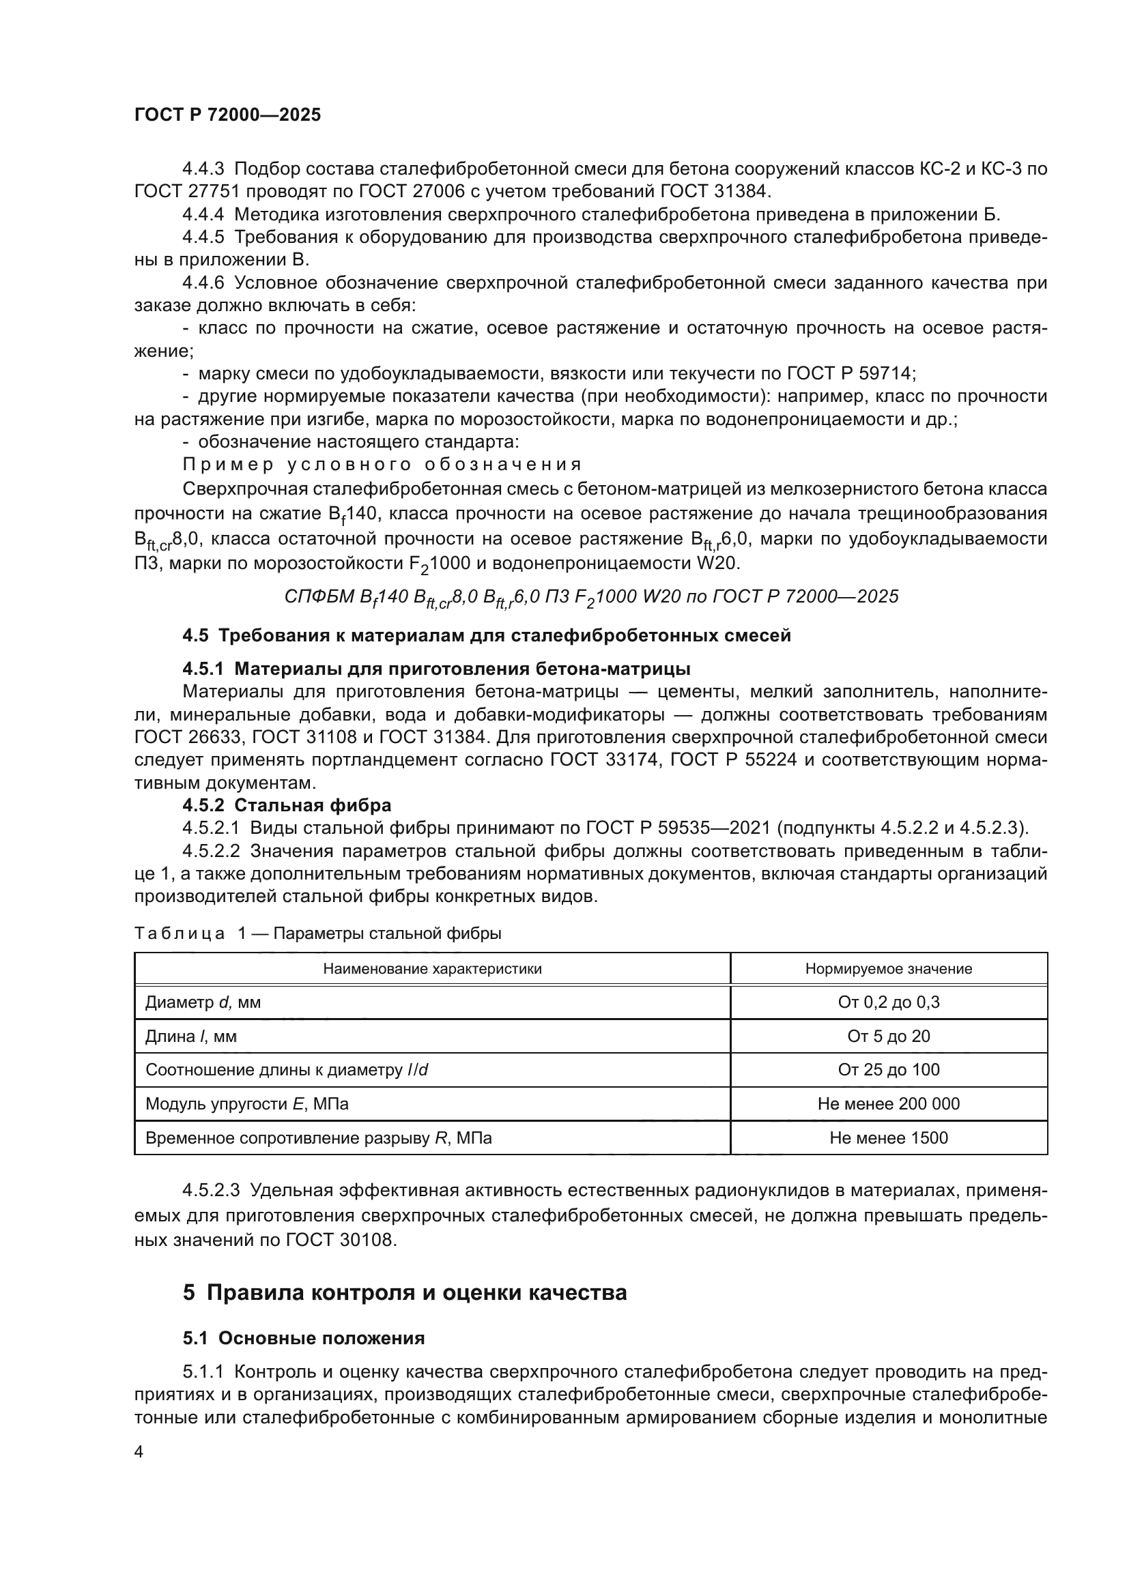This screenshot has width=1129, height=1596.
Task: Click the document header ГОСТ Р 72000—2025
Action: (x=227, y=115)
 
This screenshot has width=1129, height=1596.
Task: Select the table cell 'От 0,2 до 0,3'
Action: (x=888, y=1002)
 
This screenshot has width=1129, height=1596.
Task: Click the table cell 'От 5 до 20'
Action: (x=888, y=1036)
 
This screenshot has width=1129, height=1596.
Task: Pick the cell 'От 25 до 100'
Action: (x=888, y=1070)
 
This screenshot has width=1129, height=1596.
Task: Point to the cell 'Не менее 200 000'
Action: (x=888, y=1104)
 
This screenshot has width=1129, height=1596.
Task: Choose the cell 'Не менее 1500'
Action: (x=888, y=1138)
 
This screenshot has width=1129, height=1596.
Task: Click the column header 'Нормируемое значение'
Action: (x=888, y=969)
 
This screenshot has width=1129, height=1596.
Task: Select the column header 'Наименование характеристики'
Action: (x=431, y=969)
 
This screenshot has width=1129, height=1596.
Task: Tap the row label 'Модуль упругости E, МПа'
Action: (x=247, y=1104)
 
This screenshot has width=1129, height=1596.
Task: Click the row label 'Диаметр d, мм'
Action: (x=203, y=1002)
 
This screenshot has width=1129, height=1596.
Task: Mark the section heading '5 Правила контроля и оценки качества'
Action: (x=405, y=1292)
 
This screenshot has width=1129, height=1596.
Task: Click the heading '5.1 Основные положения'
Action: (x=303, y=1338)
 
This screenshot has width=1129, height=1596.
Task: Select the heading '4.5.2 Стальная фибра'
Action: (x=287, y=805)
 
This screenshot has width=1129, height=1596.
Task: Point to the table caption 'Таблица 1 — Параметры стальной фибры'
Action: (x=317, y=933)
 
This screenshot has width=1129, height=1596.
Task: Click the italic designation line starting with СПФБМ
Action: (x=591, y=597)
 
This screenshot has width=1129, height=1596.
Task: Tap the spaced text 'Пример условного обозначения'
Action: (x=382, y=465)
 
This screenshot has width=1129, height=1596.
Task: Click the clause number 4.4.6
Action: (x=203, y=283)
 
